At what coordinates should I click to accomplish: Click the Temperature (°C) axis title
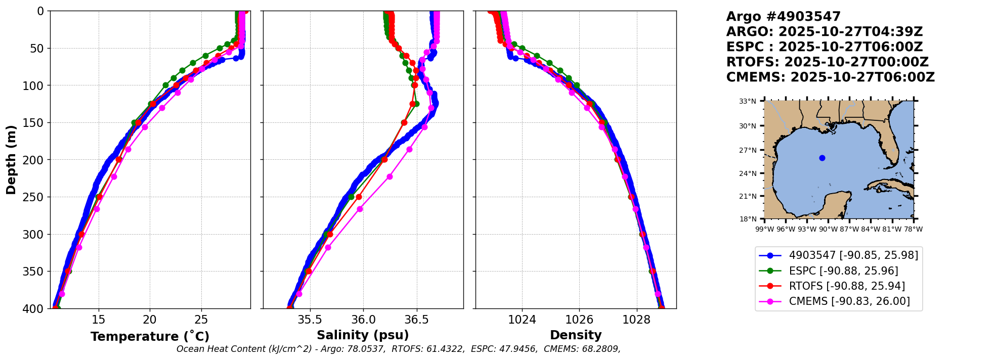[x=150, y=337]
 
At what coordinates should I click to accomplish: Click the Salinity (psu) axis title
[x=363, y=335]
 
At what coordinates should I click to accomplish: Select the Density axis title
[x=576, y=335]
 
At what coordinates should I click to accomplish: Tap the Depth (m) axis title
[x=11, y=160]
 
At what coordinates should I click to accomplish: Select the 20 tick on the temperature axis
[x=150, y=320]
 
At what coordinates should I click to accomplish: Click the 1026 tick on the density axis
[x=579, y=320]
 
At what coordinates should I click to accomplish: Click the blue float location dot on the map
[x=822, y=158]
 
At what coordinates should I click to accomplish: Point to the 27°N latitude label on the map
[x=748, y=150]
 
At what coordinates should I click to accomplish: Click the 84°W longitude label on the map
[x=871, y=229]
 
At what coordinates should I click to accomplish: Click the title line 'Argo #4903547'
[x=783, y=17]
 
